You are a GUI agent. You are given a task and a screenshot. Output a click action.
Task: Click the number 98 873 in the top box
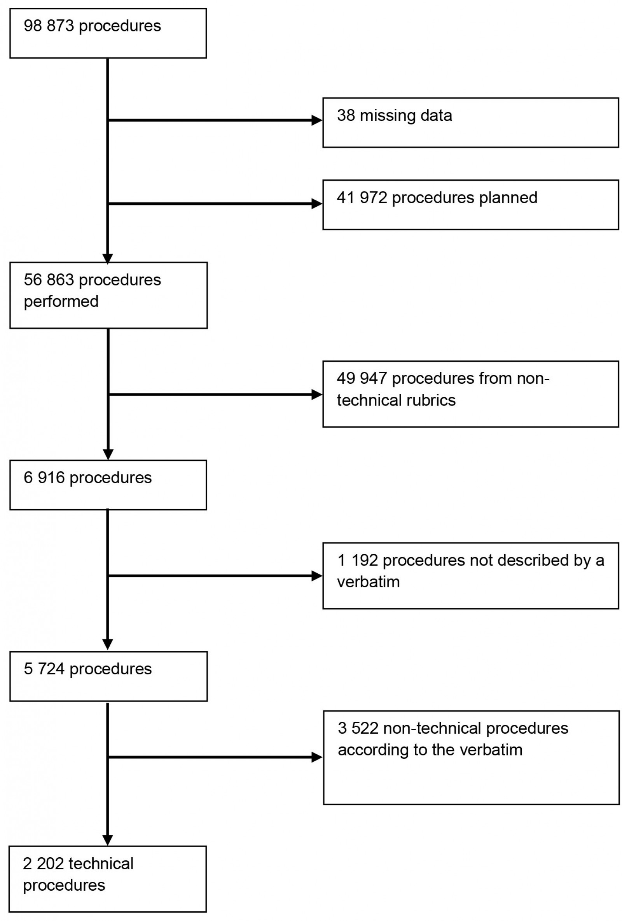[x=48, y=26]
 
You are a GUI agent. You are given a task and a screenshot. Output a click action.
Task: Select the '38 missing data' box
[x=470, y=123]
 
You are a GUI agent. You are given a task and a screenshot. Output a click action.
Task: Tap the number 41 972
[x=362, y=198]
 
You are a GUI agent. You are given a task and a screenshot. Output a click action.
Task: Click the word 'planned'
[x=508, y=198]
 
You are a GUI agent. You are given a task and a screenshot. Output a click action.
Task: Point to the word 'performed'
[x=61, y=301]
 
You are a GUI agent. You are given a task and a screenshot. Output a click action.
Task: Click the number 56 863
[x=48, y=280]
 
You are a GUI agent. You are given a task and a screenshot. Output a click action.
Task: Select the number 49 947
[x=362, y=378]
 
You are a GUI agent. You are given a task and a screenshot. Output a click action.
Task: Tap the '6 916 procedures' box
[x=108, y=485]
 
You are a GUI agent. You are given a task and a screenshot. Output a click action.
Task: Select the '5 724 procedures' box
[x=108, y=676]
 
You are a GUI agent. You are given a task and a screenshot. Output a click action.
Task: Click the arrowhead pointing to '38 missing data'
[x=317, y=120]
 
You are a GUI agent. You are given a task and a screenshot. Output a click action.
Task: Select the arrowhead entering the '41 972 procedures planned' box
[x=317, y=204]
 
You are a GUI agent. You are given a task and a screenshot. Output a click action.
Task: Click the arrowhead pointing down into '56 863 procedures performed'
[x=108, y=258]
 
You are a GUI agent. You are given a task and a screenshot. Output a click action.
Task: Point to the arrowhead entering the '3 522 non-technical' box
[x=317, y=757]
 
